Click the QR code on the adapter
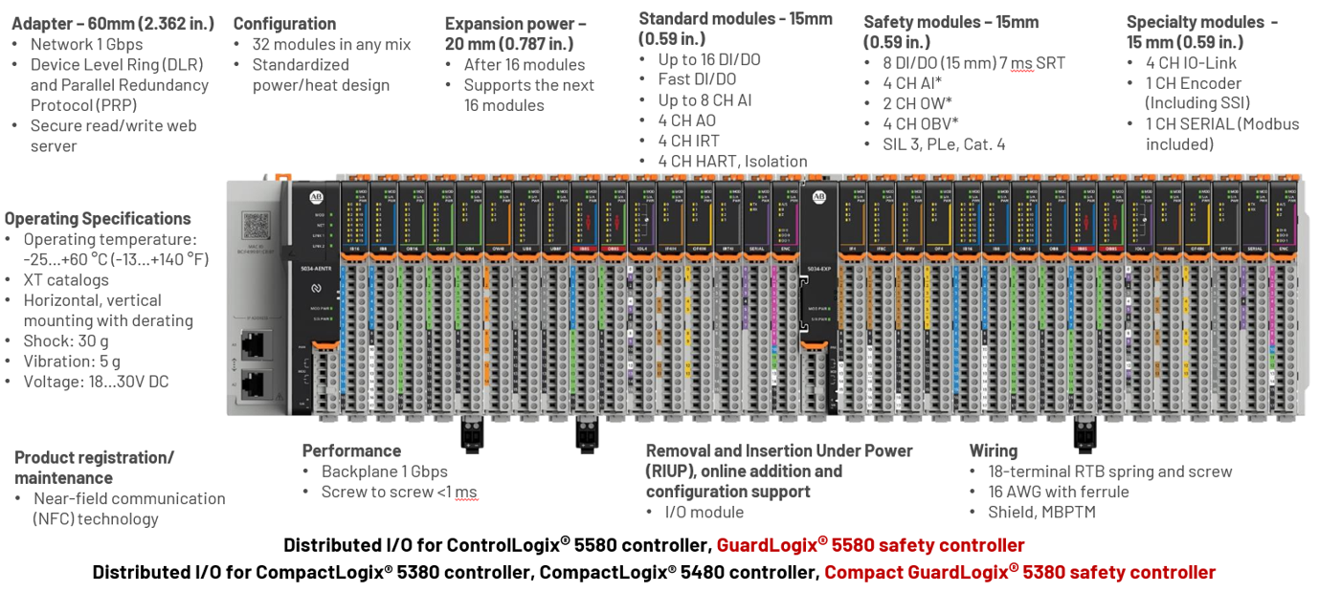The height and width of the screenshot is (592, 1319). [257, 226]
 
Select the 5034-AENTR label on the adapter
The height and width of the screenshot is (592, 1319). [312, 270]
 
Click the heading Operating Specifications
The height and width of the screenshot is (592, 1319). [98, 218]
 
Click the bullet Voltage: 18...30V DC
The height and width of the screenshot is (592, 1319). [96, 382]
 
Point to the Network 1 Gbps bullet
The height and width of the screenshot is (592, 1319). [86, 44]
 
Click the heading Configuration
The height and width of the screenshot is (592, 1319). [284, 24]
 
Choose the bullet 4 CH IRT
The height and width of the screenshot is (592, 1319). [688, 141]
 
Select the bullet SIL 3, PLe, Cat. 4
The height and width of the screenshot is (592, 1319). [944, 144]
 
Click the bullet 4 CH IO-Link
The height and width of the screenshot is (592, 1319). [1191, 63]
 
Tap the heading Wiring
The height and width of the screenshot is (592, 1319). [993, 450]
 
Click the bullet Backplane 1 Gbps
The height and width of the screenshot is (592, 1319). [384, 471]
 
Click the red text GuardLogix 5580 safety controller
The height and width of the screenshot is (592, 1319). [870, 545]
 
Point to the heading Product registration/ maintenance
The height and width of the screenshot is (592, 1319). [94, 467]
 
